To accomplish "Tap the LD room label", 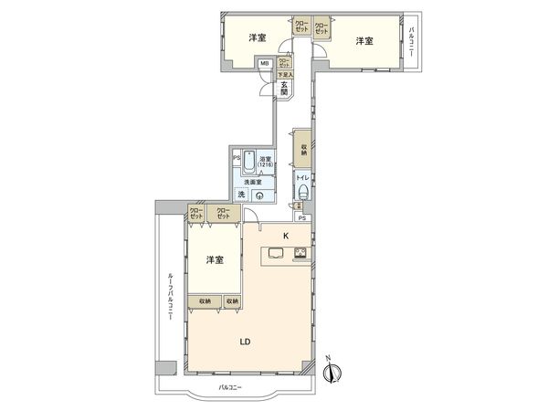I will pos(246,342).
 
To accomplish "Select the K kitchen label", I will pos(286,236).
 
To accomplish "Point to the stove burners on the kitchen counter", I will pos(301,254).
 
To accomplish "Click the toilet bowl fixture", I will pos(301,192).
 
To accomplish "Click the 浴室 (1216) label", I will pos(266,163).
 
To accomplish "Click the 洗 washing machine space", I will pos(241,195).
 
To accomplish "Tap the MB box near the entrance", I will pos(264,63).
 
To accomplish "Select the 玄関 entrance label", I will pos(284,89).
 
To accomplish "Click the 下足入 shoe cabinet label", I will pos(284,76).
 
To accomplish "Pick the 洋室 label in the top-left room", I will pos(258,38).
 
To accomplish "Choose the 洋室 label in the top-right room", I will pos(364,40).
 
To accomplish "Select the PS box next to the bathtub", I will pos(236,157).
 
